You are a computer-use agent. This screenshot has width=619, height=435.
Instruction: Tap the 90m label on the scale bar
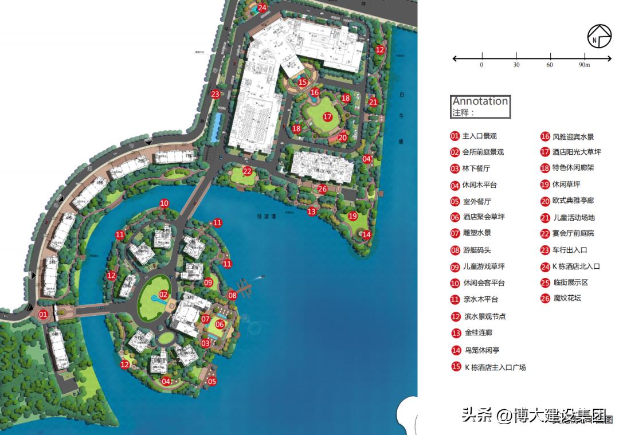coord(585,65)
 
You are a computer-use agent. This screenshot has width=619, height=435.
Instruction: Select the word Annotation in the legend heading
coord(480,101)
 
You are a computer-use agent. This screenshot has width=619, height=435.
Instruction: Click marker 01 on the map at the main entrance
coord(42,314)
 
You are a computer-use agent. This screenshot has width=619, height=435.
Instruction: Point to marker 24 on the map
coord(263,7)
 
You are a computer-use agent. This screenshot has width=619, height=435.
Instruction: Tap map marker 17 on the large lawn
coord(327,116)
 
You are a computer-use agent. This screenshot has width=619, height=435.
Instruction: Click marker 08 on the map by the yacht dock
coord(232,296)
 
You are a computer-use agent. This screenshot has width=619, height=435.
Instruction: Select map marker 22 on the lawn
coord(247,171)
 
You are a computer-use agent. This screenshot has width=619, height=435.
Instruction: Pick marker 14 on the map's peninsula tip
coord(366,234)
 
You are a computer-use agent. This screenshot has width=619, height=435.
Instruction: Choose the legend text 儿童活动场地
coord(573,218)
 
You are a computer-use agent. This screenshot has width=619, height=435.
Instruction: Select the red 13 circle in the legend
coord(456,333)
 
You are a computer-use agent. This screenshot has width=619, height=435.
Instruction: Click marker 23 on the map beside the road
coord(215,94)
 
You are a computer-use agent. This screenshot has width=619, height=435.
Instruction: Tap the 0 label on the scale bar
coord(481,65)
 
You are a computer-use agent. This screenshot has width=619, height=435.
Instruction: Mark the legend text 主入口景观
coord(479,136)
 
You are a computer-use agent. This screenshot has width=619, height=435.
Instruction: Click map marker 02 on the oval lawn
coord(163,295)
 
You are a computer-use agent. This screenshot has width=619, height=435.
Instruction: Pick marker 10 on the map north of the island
coord(164,203)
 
